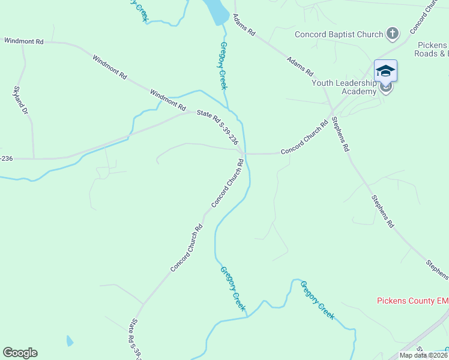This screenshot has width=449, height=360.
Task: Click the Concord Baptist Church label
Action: coord(339,34)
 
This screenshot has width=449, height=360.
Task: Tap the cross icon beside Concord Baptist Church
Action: coord(392,33)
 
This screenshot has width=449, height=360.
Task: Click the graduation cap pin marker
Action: coord(385,71)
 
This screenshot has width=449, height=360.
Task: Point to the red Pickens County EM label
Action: coord(412,301)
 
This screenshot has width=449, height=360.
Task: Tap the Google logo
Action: coord(20,353)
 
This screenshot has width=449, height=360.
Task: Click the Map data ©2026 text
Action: coord(424,355)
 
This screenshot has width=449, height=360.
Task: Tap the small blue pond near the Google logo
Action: coord(70,341)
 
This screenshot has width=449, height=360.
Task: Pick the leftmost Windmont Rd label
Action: coord(23,41)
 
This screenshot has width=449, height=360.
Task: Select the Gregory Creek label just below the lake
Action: coord(223,65)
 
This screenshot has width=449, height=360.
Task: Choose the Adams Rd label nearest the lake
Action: coord(244,26)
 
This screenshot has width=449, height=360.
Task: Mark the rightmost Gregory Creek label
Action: coord(317,299)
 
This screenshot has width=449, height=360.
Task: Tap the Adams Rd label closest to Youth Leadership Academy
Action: coord(300,66)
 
